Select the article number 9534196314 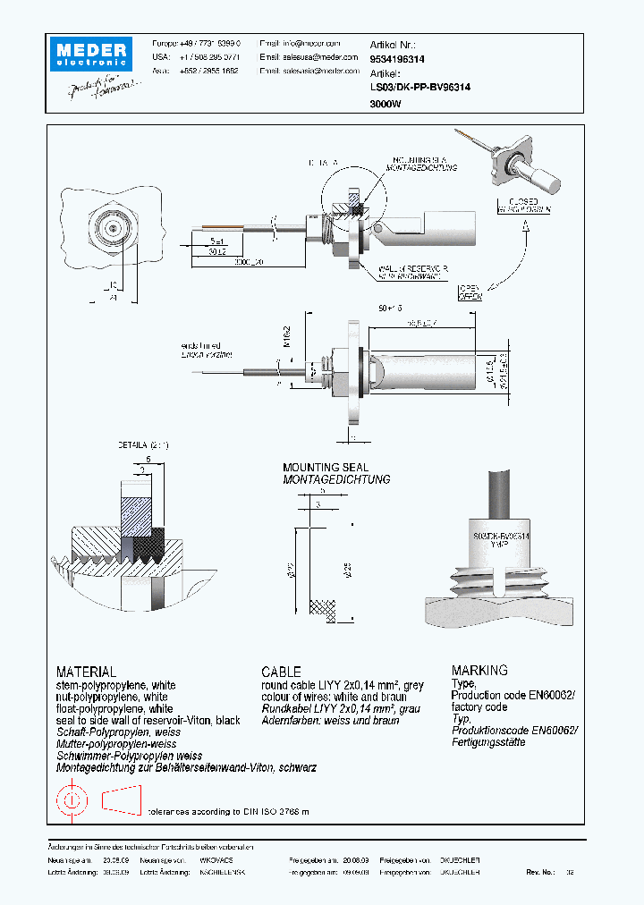click(397, 58)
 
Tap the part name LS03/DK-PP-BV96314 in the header click(419, 88)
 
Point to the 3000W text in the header click(386, 104)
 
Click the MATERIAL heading click(86, 671)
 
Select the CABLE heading click(281, 671)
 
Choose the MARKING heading click(479, 670)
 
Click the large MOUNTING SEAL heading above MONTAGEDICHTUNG click(324, 468)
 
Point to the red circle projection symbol click(71, 799)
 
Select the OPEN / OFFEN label click(470, 292)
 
